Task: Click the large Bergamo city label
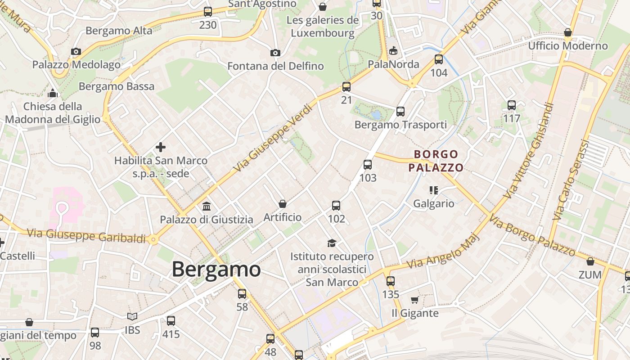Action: click(216, 270)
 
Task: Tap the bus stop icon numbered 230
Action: click(208, 12)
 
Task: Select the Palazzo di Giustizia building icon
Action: click(207, 207)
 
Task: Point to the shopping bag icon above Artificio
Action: click(283, 204)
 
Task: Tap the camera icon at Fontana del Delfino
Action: click(275, 53)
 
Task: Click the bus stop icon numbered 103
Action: click(368, 165)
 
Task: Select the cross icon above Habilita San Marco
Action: click(161, 147)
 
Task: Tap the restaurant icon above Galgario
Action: click(434, 190)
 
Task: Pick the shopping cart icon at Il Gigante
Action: click(414, 300)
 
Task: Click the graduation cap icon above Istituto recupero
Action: click(332, 243)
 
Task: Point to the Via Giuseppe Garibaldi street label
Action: click(86, 236)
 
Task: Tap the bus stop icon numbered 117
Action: click(512, 105)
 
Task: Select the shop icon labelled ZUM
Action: click(590, 261)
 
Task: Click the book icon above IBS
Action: click(132, 317)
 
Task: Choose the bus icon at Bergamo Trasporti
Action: click(400, 112)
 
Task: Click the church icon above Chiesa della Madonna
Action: click(53, 93)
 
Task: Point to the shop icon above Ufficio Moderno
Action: click(568, 33)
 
